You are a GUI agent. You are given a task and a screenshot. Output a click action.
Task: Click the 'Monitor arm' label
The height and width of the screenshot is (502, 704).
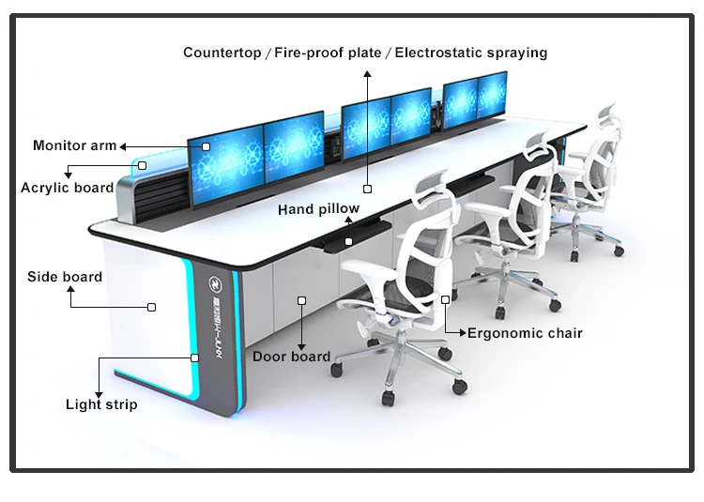75,145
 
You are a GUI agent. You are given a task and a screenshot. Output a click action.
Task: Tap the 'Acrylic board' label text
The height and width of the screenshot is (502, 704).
67,188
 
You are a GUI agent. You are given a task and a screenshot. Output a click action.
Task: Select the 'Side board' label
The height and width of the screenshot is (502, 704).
65,277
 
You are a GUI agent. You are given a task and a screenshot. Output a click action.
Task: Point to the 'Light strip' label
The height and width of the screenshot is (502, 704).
101,404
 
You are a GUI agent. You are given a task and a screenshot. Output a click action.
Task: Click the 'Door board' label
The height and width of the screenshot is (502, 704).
291,357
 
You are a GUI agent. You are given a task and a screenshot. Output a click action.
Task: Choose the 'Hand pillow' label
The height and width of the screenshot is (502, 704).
318,209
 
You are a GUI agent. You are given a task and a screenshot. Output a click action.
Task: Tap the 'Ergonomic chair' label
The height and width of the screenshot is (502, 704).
525,333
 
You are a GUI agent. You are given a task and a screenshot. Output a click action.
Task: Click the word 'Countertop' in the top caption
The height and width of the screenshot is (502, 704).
222,53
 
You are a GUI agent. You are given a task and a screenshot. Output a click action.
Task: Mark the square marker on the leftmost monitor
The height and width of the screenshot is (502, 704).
206,146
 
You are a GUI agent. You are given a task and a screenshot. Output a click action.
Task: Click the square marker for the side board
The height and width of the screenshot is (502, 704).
151,306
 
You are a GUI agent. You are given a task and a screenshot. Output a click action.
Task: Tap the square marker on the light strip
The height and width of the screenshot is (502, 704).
195,357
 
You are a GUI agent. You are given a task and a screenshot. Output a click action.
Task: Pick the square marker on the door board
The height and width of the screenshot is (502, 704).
301,301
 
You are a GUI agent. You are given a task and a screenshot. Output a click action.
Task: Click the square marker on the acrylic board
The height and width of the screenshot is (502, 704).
143,166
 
